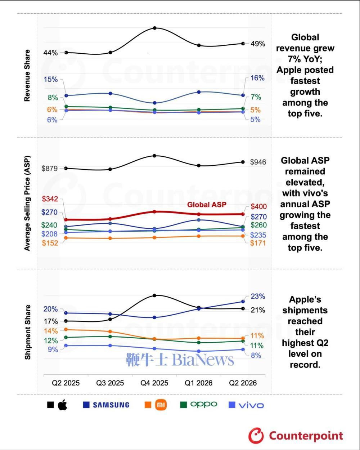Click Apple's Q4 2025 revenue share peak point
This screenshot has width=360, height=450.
(154, 28)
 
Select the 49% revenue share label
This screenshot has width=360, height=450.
(258, 44)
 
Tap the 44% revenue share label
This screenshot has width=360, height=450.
(50, 53)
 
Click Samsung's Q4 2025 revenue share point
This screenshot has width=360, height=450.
(154, 103)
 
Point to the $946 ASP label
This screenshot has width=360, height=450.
(258, 162)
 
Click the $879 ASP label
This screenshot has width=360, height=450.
(50, 168)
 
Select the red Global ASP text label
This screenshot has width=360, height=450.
(207, 205)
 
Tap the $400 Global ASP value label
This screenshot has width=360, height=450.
(259, 206)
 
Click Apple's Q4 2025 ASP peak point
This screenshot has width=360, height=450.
(154, 156)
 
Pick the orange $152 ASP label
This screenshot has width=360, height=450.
(50, 243)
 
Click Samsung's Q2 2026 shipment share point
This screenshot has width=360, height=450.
(243, 302)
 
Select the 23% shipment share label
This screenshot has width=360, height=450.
(258, 297)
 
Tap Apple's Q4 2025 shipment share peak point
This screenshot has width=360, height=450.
(154, 295)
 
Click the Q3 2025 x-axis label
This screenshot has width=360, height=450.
(110, 383)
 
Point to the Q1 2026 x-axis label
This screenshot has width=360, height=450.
(198, 383)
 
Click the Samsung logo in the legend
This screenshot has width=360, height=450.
(111, 405)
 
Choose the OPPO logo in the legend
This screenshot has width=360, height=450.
(203, 405)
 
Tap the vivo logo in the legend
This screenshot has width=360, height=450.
(251, 405)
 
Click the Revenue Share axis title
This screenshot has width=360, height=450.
(27, 76)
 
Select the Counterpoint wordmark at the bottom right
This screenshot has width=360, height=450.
(306, 436)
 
